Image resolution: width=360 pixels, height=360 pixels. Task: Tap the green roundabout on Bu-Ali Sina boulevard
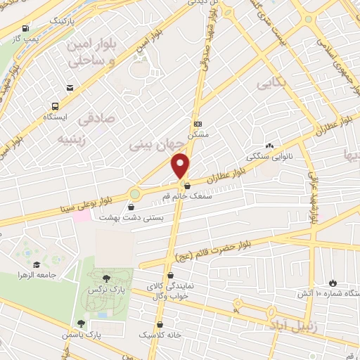134,193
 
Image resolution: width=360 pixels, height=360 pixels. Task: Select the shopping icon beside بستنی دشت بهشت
131,207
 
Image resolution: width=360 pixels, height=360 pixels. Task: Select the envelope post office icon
70,87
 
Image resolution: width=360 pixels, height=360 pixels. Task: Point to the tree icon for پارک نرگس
106,278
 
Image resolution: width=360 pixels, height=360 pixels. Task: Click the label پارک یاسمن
101,336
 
